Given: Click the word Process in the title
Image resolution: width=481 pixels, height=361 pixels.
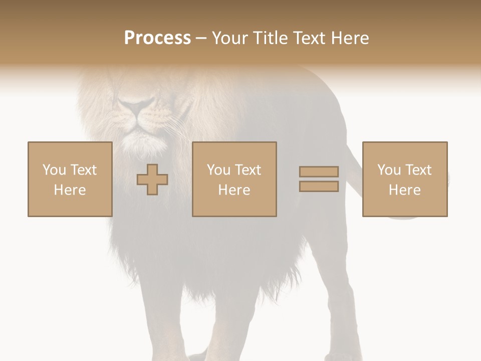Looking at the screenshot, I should [x=157, y=38].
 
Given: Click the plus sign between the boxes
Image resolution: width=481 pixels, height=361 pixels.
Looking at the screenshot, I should [x=152, y=179].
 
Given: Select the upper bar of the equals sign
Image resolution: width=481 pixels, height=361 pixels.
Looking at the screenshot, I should [x=319, y=172].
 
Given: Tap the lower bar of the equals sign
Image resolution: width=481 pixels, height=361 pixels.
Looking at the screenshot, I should [x=319, y=187].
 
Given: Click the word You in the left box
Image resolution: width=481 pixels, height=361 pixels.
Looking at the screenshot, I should [x=54, y=170].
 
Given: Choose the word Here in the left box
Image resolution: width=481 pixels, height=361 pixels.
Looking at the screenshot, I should [x=70, y=190].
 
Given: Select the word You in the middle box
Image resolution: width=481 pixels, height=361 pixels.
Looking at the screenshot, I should [x=218, y=170].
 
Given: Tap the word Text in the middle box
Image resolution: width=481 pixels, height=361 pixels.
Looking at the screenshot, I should [x=248, y=170].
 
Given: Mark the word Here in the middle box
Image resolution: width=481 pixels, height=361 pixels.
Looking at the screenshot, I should [x=234, y=190].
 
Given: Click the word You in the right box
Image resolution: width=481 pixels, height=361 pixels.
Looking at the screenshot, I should [x=389, y=170].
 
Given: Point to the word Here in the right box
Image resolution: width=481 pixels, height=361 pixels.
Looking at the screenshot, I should [x=404, y=190].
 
